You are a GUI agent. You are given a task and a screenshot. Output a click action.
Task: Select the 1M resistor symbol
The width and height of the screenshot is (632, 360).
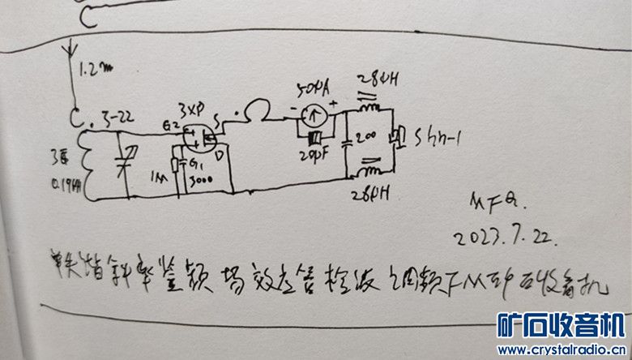coord(175,168)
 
